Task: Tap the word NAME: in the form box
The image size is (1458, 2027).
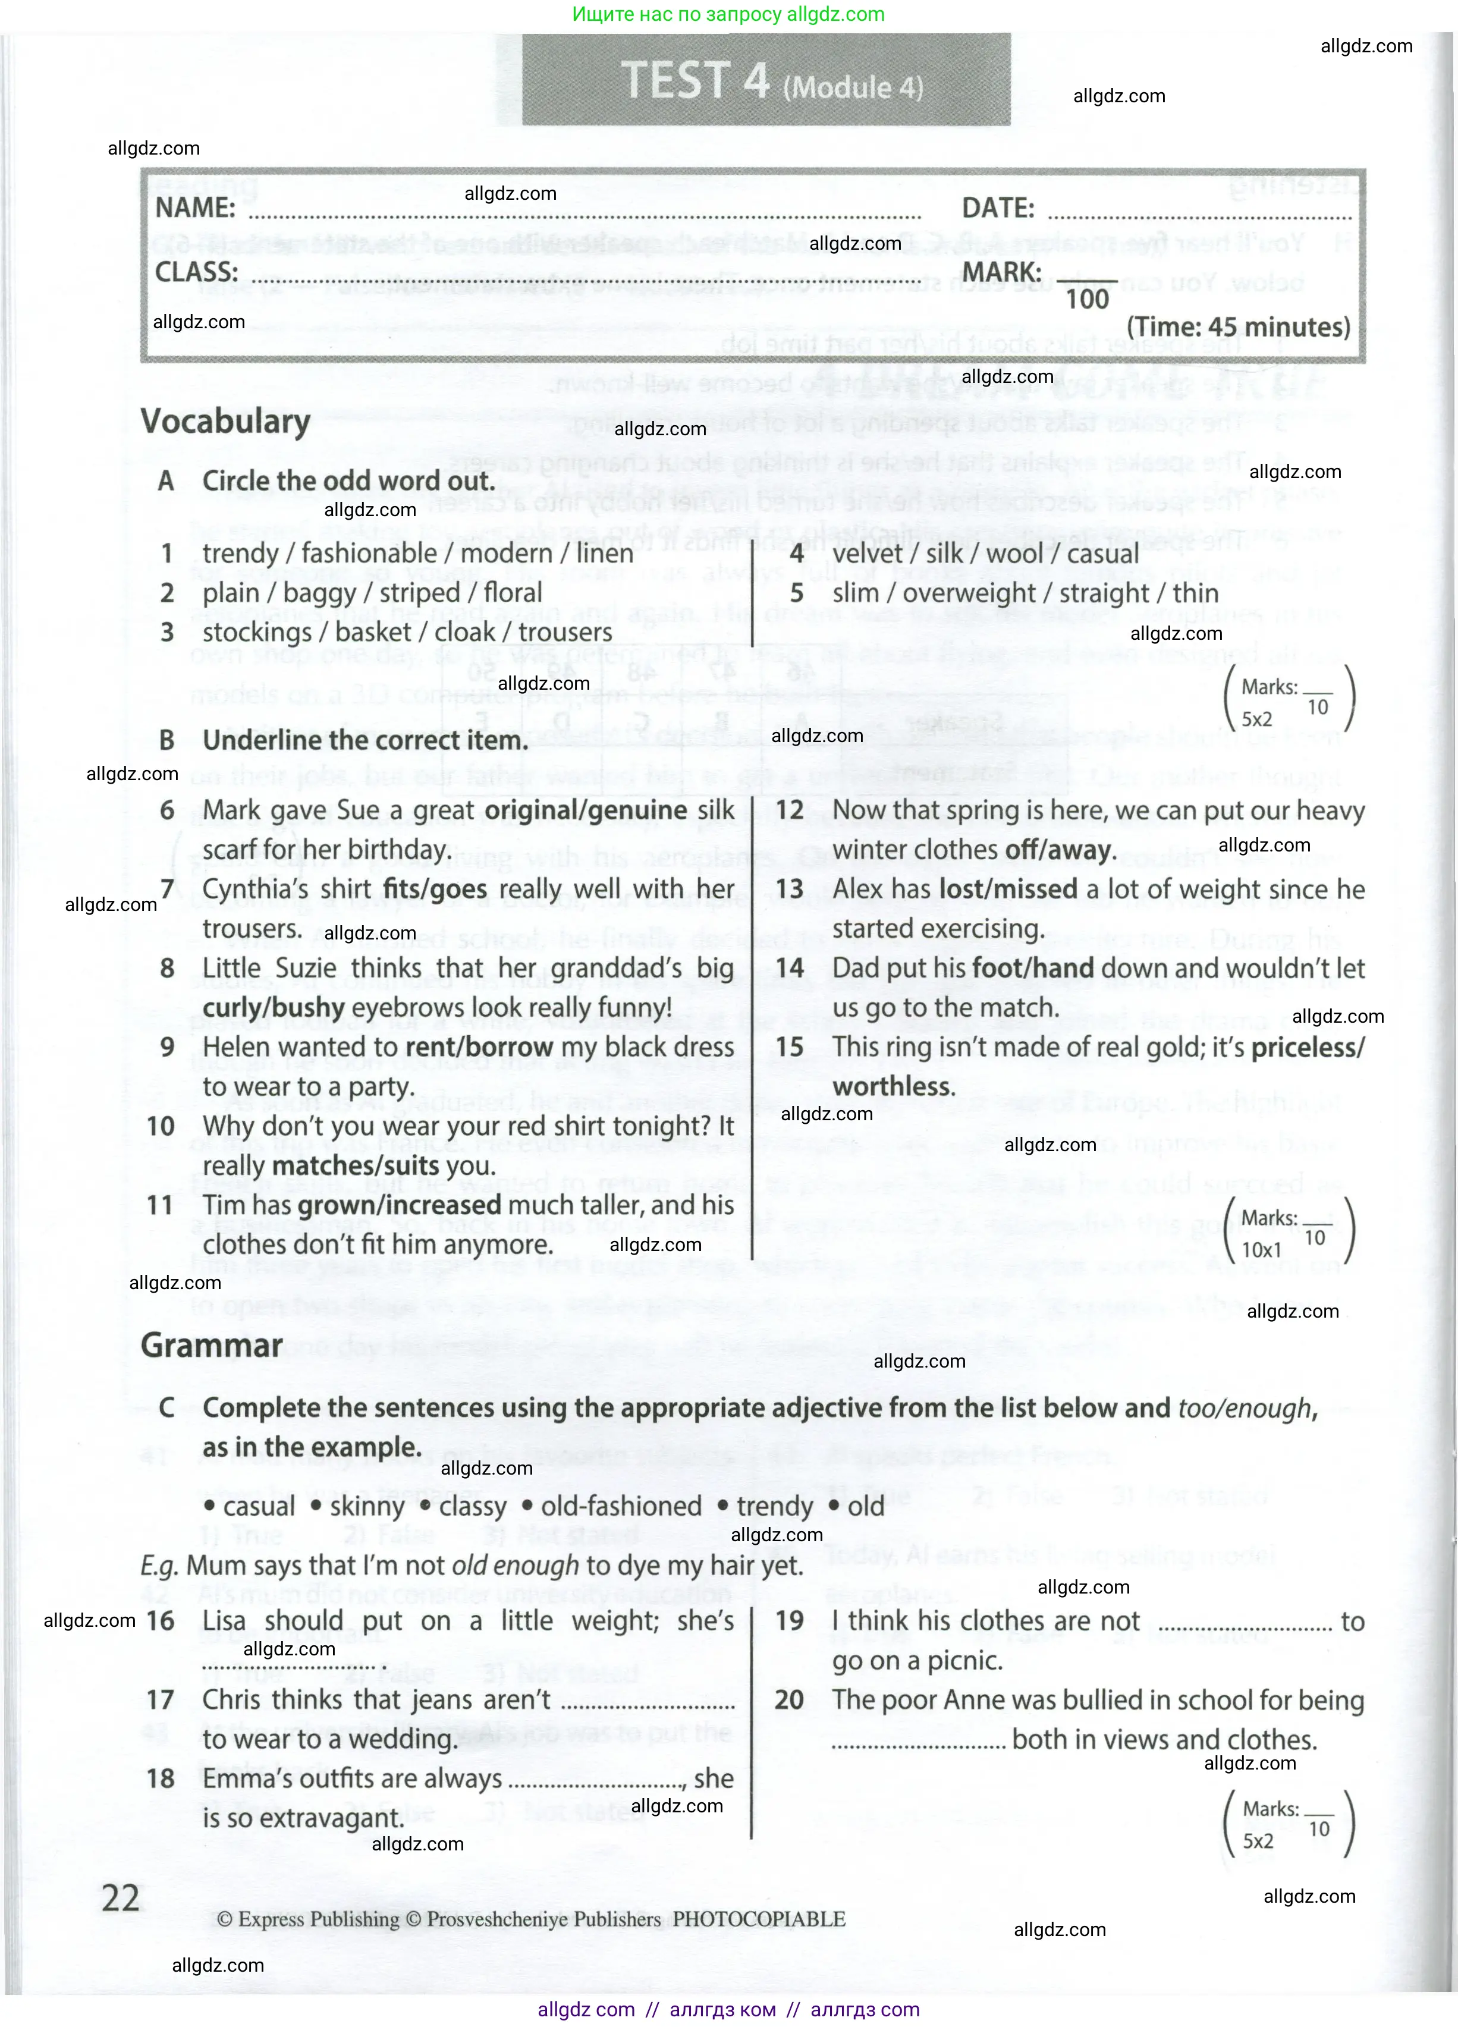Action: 195,208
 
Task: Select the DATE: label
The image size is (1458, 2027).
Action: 998,208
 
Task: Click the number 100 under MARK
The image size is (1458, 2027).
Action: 1087,300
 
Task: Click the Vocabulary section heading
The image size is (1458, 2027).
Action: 225,421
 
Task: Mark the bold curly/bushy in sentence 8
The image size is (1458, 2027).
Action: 274,1007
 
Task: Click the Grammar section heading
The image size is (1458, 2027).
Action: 211,1345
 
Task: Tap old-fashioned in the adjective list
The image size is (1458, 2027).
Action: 621,1506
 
